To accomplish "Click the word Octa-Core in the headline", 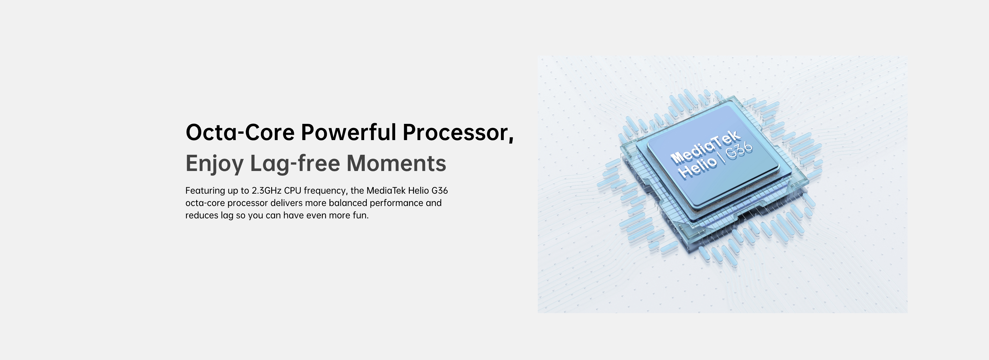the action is (240, 132).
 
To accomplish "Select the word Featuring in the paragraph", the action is (205, 191).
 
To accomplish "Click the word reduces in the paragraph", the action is (202, 215).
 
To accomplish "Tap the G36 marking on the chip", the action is (739, 150).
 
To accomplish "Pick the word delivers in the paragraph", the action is (286, 203).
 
